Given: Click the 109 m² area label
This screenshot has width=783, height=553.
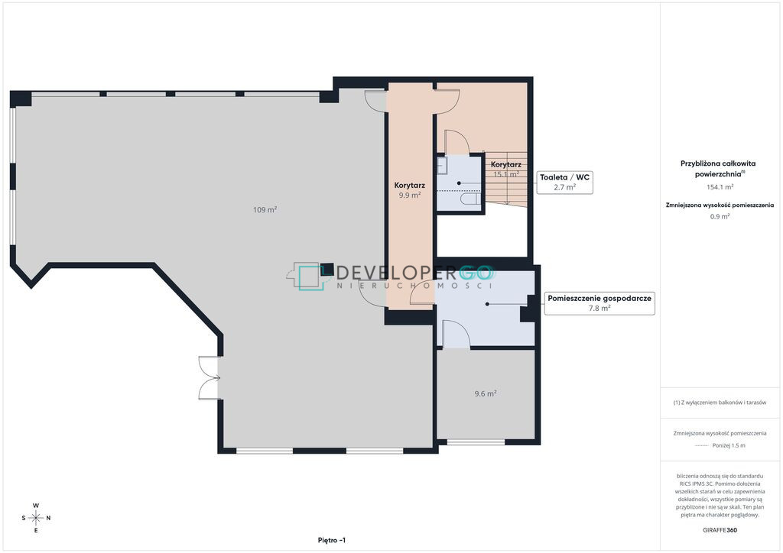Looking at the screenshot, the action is [265, 210].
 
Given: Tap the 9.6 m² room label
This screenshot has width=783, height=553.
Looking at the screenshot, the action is [486, 393].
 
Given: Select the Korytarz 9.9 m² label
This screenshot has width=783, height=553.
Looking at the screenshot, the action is [410, 190].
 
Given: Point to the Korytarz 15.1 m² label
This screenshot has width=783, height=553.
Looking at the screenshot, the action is [506, 169].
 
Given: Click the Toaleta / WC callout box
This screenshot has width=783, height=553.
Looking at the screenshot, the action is [565, 182].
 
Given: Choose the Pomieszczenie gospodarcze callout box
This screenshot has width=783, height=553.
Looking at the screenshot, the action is [599, 303].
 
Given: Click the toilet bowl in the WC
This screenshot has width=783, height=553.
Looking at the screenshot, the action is [471, 199].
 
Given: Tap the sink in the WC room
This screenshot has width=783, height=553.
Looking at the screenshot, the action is [442, 166].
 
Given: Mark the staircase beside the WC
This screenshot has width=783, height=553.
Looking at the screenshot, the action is [506, 179].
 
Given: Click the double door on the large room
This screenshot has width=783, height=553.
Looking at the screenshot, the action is [210, 378].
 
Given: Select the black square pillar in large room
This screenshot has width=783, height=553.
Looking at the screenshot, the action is [327, 270].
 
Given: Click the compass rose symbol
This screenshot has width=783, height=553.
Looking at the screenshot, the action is [36, 518].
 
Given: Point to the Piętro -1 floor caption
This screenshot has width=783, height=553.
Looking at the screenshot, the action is [332, 540].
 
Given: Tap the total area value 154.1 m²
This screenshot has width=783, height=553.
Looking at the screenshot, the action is [720, 187].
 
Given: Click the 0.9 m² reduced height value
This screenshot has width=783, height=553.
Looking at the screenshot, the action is [720, 216].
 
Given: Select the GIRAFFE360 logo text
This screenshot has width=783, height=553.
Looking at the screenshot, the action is [720, 530].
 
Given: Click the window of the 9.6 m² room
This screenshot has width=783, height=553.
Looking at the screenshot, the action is [476, 441].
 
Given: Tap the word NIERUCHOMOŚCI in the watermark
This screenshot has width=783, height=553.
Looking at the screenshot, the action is [415, 286].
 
